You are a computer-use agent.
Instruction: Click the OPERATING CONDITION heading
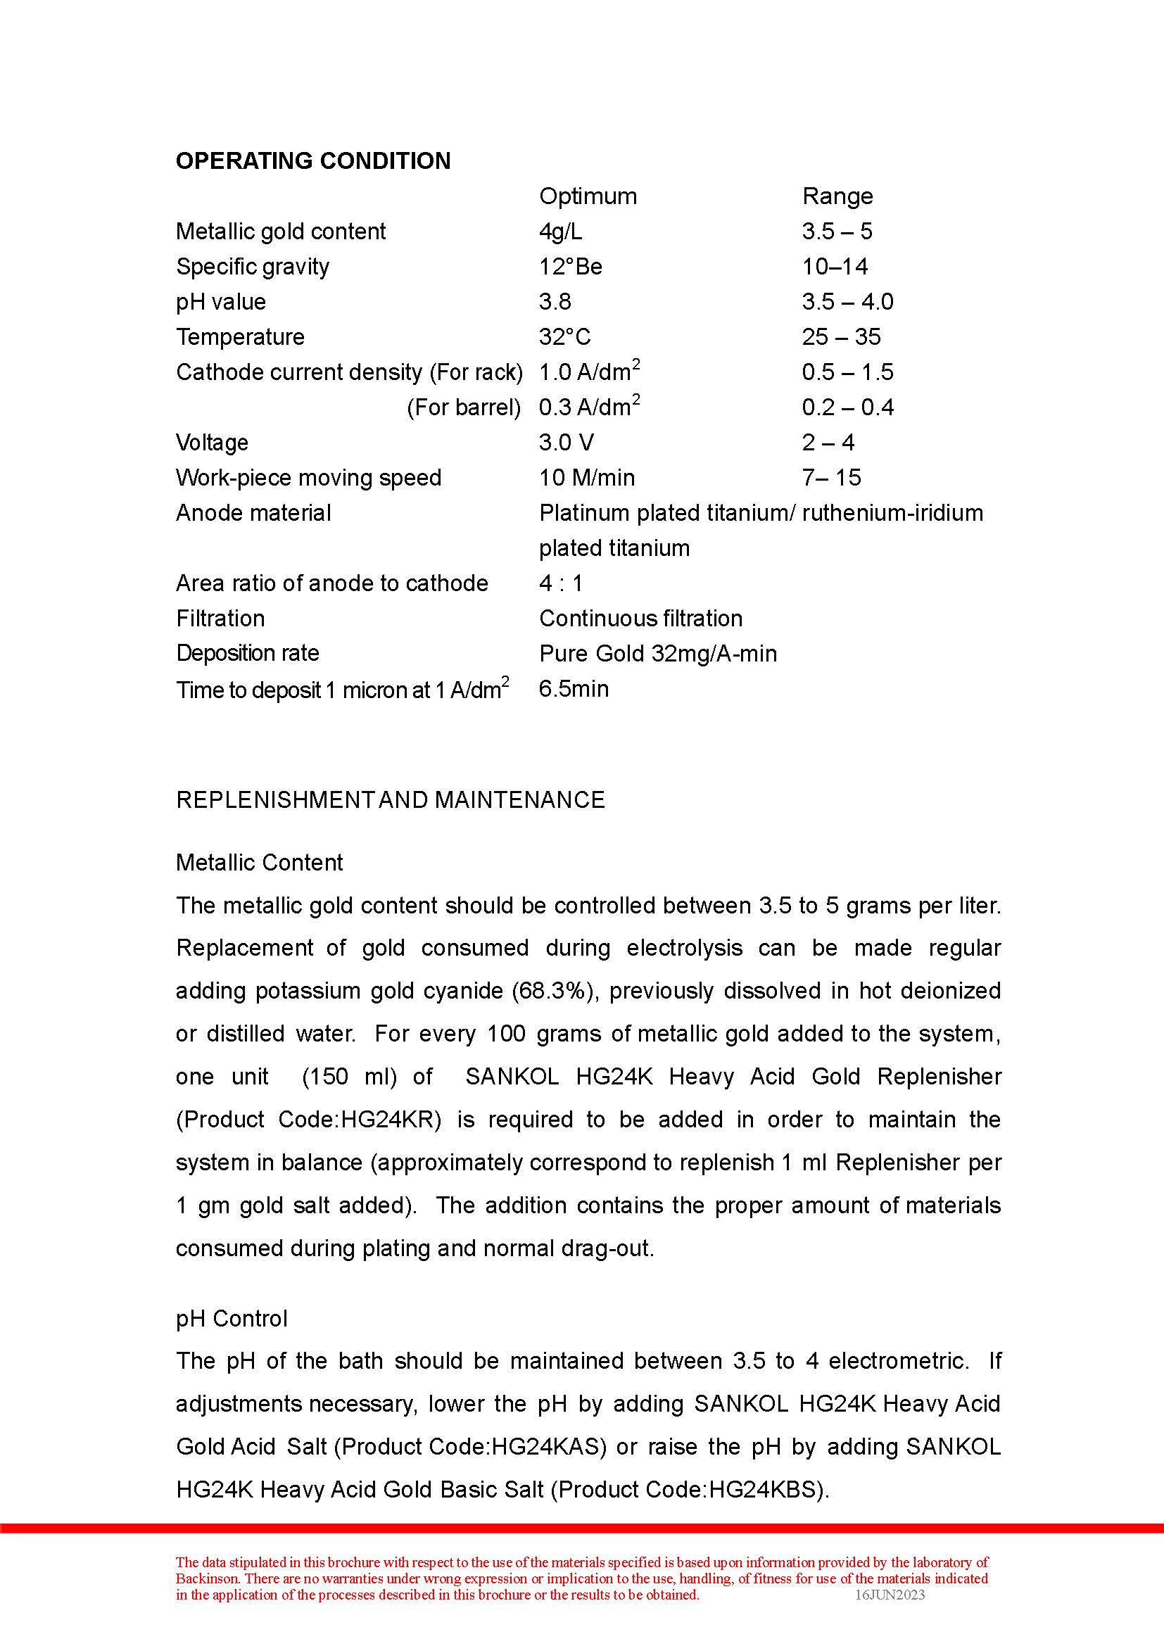[x=313, y=160]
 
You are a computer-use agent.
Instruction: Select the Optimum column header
[x=588, y=196]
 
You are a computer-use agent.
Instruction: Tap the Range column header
[x=837, y=196]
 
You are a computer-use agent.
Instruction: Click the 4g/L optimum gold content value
[x=560, y=231]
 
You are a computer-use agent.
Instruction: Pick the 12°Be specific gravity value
[x=571, y=266]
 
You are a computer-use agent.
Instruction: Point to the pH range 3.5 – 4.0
[x=847, y=301]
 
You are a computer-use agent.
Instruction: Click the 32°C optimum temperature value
[x=565, y=336]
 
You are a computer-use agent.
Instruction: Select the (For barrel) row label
[x=464, y=407]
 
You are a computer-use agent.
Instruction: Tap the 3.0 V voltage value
[x=567, y=443]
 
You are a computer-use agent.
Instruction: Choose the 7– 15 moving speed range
[x=831, y=477]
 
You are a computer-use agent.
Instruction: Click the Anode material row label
[x=254, y=512]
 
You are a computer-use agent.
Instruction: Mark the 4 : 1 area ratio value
[x=560, y=583]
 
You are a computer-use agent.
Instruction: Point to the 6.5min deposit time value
[x=574, y=688]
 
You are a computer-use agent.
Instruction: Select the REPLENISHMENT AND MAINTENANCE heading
[x=390, y=799]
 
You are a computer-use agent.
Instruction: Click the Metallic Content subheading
[x=260, y=862]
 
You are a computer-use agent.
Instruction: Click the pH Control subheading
[x=232, y=1318]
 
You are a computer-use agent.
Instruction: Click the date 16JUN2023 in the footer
[x=890, y=1595]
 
